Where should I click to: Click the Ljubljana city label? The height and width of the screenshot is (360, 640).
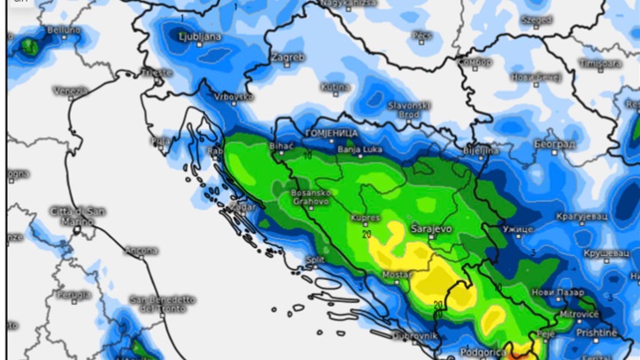tap(199, 36)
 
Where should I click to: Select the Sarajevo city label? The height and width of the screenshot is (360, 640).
tap(431, 228)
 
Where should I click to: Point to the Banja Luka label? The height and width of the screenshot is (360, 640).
tap(359, 149)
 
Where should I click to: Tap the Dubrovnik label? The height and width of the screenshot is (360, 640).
tap(415, 335)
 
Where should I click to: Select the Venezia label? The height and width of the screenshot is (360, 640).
tap(70, 90)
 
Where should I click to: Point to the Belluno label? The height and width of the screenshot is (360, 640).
tap(63, 30)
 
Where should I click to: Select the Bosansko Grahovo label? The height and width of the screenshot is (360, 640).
tap(311, 197)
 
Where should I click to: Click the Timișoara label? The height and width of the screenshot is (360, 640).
tap(600, 64)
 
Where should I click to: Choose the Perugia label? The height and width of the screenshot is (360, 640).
tap(74, 294)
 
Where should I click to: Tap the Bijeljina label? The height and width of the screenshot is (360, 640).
tap(481, 150)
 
